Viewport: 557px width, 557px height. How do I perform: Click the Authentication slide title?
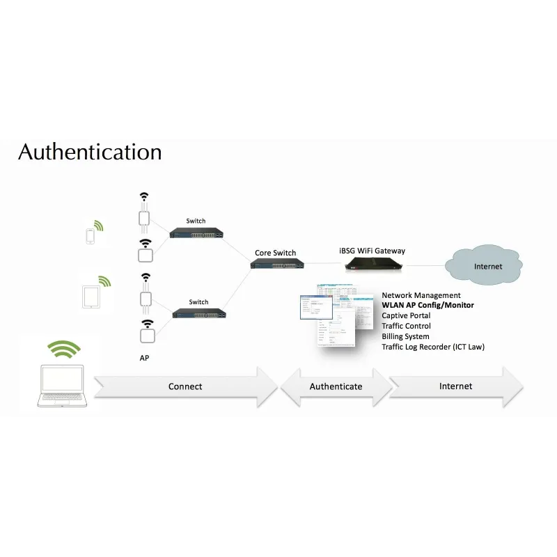point(90,152)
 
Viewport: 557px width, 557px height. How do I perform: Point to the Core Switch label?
point(275,253)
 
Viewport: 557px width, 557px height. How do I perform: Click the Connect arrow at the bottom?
point(185,386)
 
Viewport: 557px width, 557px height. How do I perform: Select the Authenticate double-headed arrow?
point(336,386)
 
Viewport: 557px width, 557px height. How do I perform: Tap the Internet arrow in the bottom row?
point(456,386)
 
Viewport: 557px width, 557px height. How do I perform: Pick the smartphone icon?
point(90,235)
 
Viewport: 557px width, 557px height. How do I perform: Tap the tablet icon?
point(91,297)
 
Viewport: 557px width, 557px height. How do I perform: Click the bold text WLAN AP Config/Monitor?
point(427,306)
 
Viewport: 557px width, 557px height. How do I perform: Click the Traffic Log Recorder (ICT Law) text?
point(432,347)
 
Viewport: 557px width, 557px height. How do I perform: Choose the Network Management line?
point(421,295)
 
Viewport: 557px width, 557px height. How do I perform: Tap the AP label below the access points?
point(144,356)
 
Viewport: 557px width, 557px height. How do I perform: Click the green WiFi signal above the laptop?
point(65,348)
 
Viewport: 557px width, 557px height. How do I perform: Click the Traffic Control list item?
point(406,326)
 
